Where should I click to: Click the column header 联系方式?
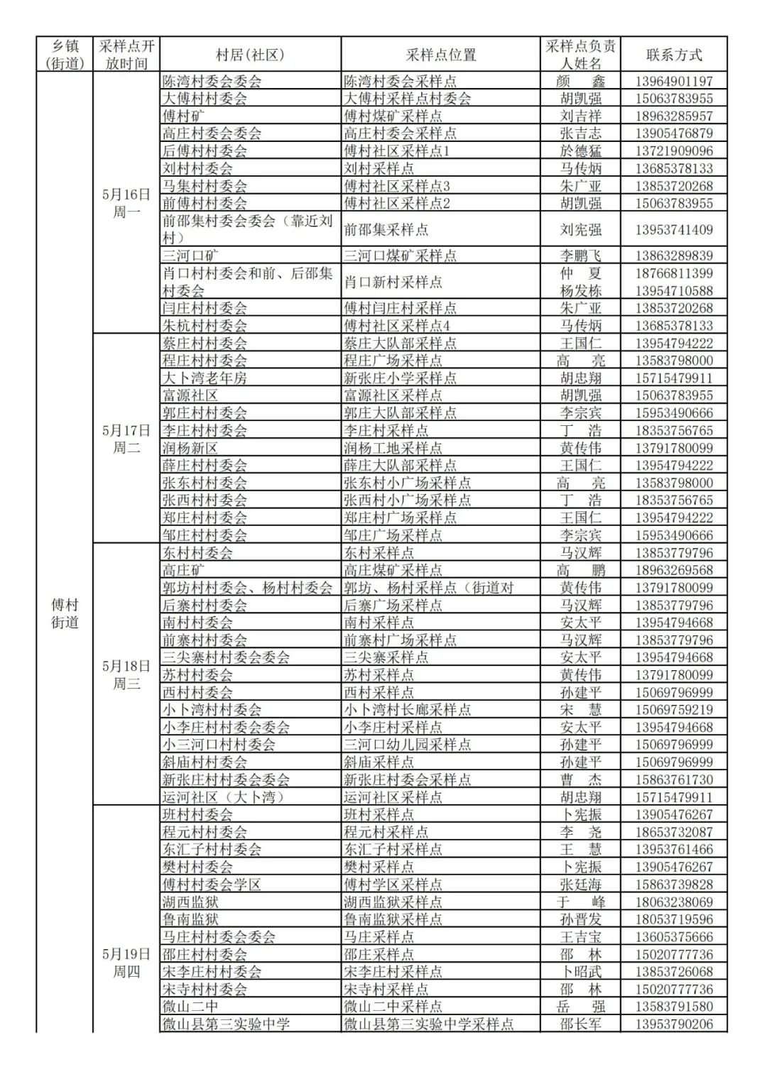pos(673,55)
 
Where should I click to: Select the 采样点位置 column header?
pos(440,55)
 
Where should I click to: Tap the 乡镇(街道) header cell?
pos(65,55)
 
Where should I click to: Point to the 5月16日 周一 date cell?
pos(126,203)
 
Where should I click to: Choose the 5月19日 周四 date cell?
pos(126,963)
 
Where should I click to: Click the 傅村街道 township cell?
pos(65,613)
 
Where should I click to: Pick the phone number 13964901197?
pos(673,82)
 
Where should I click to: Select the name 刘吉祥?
pos(580,116)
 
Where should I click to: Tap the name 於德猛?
pos(580,151)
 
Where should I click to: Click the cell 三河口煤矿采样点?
pos(401,256)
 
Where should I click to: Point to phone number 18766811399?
pos(673,273)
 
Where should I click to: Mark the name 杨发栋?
pos(580,291)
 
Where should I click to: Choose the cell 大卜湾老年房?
pos(205,378)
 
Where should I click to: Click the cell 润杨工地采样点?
pos(393,448)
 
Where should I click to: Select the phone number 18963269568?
pos(673,571)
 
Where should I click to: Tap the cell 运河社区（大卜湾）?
pos(224,797)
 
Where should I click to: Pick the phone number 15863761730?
pos(673,779)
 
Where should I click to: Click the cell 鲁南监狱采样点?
pos(393,919)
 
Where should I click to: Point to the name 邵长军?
pos(580,1024)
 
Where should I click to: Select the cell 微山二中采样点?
pos(393,1007)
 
